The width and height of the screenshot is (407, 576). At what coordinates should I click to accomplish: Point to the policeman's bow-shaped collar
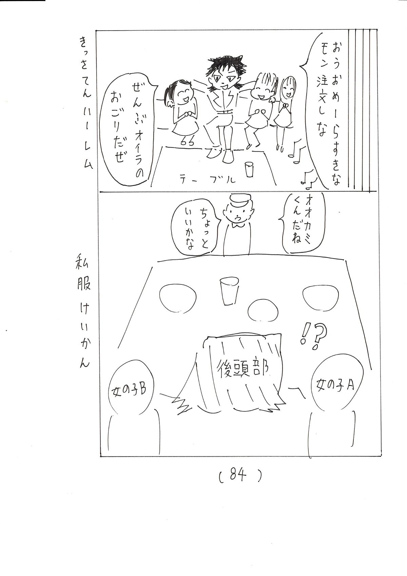tap(237, 226)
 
